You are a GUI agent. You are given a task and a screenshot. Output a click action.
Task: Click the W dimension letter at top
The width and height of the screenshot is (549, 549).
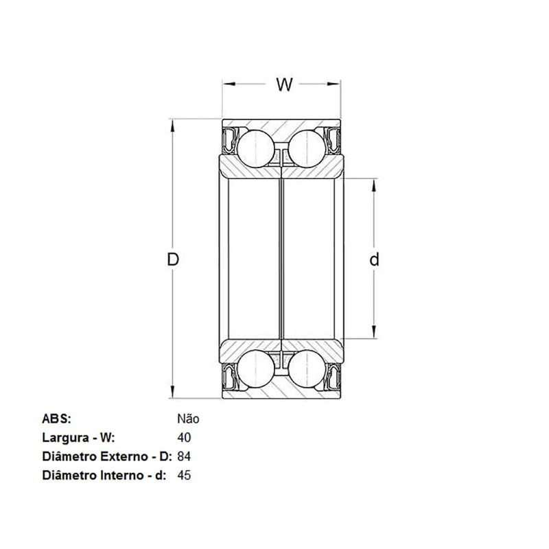[x=284, y=84]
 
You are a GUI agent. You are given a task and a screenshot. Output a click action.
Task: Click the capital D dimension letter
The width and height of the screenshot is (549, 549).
[x=173, y=259]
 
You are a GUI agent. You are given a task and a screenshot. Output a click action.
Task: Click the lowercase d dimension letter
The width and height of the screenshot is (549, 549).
[x=374, y=259]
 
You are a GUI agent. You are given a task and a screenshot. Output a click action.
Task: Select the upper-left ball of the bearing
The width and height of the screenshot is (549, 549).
[x=256, y=149]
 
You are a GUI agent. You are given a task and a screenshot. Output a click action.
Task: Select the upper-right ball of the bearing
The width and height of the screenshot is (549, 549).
[x=307, y=149]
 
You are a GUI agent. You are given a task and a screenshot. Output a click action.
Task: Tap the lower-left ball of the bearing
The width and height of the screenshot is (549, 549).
[x=256, y=369]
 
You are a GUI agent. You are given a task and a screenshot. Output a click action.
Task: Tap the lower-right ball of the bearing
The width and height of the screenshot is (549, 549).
[x=307, y=369]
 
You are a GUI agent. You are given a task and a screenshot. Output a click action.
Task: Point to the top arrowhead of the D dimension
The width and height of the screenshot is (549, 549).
[x=172, y=126]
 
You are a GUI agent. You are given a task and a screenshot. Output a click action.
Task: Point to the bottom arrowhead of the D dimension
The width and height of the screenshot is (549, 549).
[x=172, y=392]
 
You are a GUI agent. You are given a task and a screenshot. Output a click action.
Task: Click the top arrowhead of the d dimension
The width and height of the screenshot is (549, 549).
[x=374, y=185]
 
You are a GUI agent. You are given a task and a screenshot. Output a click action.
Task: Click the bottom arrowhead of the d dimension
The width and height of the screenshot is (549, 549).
[x=374, y=332]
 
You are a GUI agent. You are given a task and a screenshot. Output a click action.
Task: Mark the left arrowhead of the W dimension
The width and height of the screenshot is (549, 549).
[x=229, y=84]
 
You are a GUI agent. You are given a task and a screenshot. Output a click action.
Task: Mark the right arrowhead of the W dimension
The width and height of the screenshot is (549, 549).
[x=334, y=84]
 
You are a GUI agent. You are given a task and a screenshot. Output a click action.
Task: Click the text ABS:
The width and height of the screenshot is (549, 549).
[x=56, y=419]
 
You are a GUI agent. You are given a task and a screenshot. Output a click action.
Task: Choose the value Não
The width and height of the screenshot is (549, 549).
[x=188, y=419]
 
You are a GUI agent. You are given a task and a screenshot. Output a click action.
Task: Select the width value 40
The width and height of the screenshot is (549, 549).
[x=184, y=438]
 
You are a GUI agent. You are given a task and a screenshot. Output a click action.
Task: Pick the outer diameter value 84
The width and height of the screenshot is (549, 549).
[x=184, y=456]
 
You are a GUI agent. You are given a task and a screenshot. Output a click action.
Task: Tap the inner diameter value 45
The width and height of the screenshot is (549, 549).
[x=184, y=475]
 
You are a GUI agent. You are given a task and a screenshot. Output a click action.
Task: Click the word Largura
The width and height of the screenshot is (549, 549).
[x=65, y=439]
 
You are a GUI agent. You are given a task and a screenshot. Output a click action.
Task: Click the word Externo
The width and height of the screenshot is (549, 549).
[x=124, y=456]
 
